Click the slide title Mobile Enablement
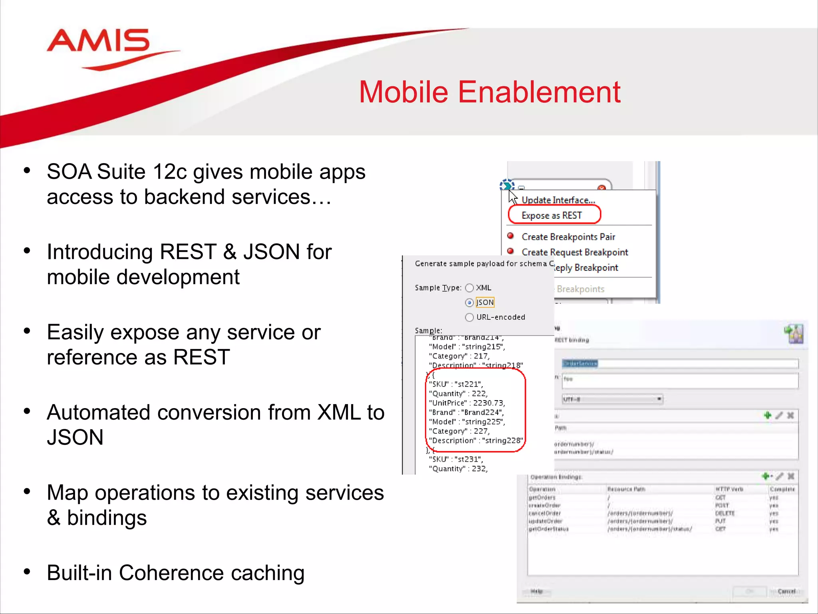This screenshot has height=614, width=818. pos(489,92)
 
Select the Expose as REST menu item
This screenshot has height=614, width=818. pos(552,215)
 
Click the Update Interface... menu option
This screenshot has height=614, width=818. pos(558,200)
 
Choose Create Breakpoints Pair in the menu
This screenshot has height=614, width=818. pos(568,237)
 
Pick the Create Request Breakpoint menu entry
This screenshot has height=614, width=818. pos(574,252)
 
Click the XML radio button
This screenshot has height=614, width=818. pos(470,288)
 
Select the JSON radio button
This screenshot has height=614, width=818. pos(470,303)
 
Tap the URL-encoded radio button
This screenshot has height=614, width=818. pos(470,317)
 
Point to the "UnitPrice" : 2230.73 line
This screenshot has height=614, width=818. pos(467,403)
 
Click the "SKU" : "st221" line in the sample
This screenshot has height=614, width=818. pos(455,384)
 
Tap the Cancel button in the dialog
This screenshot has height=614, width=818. pos(786,591)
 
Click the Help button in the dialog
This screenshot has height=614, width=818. pos(536,591)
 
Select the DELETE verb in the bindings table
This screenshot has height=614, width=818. pos(725,513)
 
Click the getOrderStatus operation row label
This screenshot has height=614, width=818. pos(548,529)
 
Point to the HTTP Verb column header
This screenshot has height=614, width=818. pos(729,489)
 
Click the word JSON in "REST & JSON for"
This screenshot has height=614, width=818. pos(272,252)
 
